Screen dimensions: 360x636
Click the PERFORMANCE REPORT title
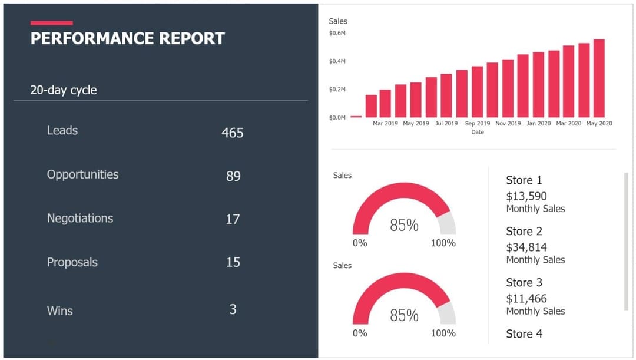[x=127, y=39]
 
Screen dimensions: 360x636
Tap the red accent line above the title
[x=52, y=23]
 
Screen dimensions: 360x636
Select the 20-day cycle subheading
[x=64, y=90]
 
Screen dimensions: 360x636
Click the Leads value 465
[x=233, y=133]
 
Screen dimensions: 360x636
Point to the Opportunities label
[x=82, y=174]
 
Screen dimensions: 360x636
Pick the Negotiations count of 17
[x=233, y=219]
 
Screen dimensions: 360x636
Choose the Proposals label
[x=72, y=262]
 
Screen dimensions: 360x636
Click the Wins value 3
[x=233, y=309]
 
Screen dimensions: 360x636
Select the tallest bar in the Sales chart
[x=599, y=78]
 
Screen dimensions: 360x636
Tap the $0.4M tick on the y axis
[x=337, y=61]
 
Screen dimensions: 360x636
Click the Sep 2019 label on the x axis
[x=477, y=124]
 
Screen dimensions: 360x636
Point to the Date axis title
[x=478, y=132]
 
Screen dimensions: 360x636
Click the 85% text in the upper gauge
[x=404, y=225]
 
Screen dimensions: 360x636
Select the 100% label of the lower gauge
[x=443, y=333]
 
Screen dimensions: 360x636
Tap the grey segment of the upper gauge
[x=448, y=223]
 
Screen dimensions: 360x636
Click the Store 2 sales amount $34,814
[x=526, y=247]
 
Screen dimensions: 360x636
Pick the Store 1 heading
[x=524, y=180]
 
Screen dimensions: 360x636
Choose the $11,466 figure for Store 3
[x=526, y=299]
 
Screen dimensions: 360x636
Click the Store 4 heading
[x=524, y=334]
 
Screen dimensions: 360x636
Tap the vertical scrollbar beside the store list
[x=626, y=241]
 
